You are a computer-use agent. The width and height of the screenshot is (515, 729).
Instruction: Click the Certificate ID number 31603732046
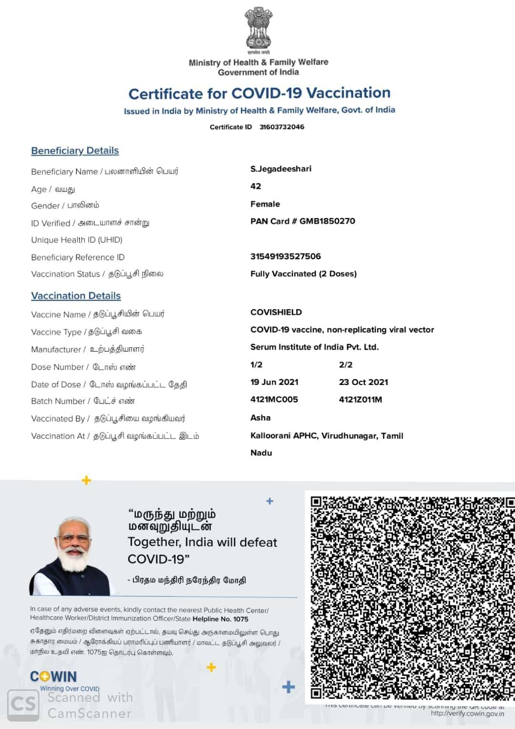tap(282, 127)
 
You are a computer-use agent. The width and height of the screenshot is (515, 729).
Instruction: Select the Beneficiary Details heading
tap(75, 151)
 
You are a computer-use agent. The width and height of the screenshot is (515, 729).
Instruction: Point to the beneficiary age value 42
tap(256, 186)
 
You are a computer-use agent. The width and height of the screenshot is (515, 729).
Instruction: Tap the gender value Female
tap(265, 204)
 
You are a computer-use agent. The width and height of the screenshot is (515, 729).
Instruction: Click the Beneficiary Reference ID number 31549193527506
tap(286, 256)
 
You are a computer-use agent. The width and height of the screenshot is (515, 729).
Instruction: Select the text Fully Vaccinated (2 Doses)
tap(303, 274)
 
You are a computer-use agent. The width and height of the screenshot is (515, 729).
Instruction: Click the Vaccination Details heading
tap(76, 296)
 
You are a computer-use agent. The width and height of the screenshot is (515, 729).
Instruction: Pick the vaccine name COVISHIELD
tap(276, 312)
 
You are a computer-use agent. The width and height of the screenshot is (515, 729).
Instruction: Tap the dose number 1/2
tap(256, 365)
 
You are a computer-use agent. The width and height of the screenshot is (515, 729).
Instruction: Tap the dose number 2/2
tap(346, 365)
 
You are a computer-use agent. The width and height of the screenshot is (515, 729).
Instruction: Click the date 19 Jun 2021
tap(274, 382)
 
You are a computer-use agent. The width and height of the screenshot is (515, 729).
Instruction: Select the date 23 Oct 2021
tap(363, 382)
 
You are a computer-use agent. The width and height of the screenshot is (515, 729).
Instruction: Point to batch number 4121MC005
tap(274, 400)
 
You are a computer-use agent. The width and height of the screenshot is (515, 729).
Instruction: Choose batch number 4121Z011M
tap(360, 400)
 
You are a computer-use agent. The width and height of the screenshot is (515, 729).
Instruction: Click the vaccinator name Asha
tap(260, 418)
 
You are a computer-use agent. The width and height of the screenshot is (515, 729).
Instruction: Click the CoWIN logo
tap(53, 677)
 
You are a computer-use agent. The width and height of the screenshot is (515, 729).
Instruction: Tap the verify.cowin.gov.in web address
tap(467, 714)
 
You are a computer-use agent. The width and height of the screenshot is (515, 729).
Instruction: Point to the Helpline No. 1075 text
tap(220, 619)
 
